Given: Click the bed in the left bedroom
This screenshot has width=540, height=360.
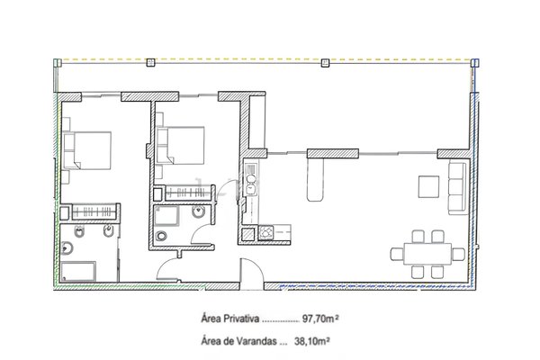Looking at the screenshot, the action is point(87,150).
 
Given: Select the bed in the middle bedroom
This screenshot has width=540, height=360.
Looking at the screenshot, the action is point(181,145).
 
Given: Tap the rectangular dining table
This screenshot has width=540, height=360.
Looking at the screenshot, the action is point(427,254).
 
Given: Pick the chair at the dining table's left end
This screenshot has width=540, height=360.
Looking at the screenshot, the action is point(397,254).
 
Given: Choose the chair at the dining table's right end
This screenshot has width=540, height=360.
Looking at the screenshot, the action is point(458,254).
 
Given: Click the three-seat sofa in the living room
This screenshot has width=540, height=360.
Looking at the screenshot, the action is point(457,188).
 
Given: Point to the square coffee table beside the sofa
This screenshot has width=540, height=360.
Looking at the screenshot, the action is point(428,186).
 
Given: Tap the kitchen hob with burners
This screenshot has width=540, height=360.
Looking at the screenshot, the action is point(265,231).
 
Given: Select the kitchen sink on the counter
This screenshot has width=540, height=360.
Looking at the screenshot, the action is point(251,184).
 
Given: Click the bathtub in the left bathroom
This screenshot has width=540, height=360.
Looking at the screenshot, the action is point(79,272).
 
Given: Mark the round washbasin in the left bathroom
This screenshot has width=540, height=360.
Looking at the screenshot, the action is point(67,248).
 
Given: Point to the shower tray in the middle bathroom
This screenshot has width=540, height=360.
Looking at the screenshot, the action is point(166,215).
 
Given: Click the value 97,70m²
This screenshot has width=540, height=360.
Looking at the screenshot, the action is point(320,319).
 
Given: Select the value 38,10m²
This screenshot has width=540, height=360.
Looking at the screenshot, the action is point(312,341).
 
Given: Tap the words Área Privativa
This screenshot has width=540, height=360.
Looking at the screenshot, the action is point(229,319).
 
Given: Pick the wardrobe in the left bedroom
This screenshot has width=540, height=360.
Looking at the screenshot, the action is point(94,211).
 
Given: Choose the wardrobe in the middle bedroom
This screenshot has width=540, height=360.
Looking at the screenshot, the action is point(186,193).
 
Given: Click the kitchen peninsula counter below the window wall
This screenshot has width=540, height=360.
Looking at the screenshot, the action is point(315,179).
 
